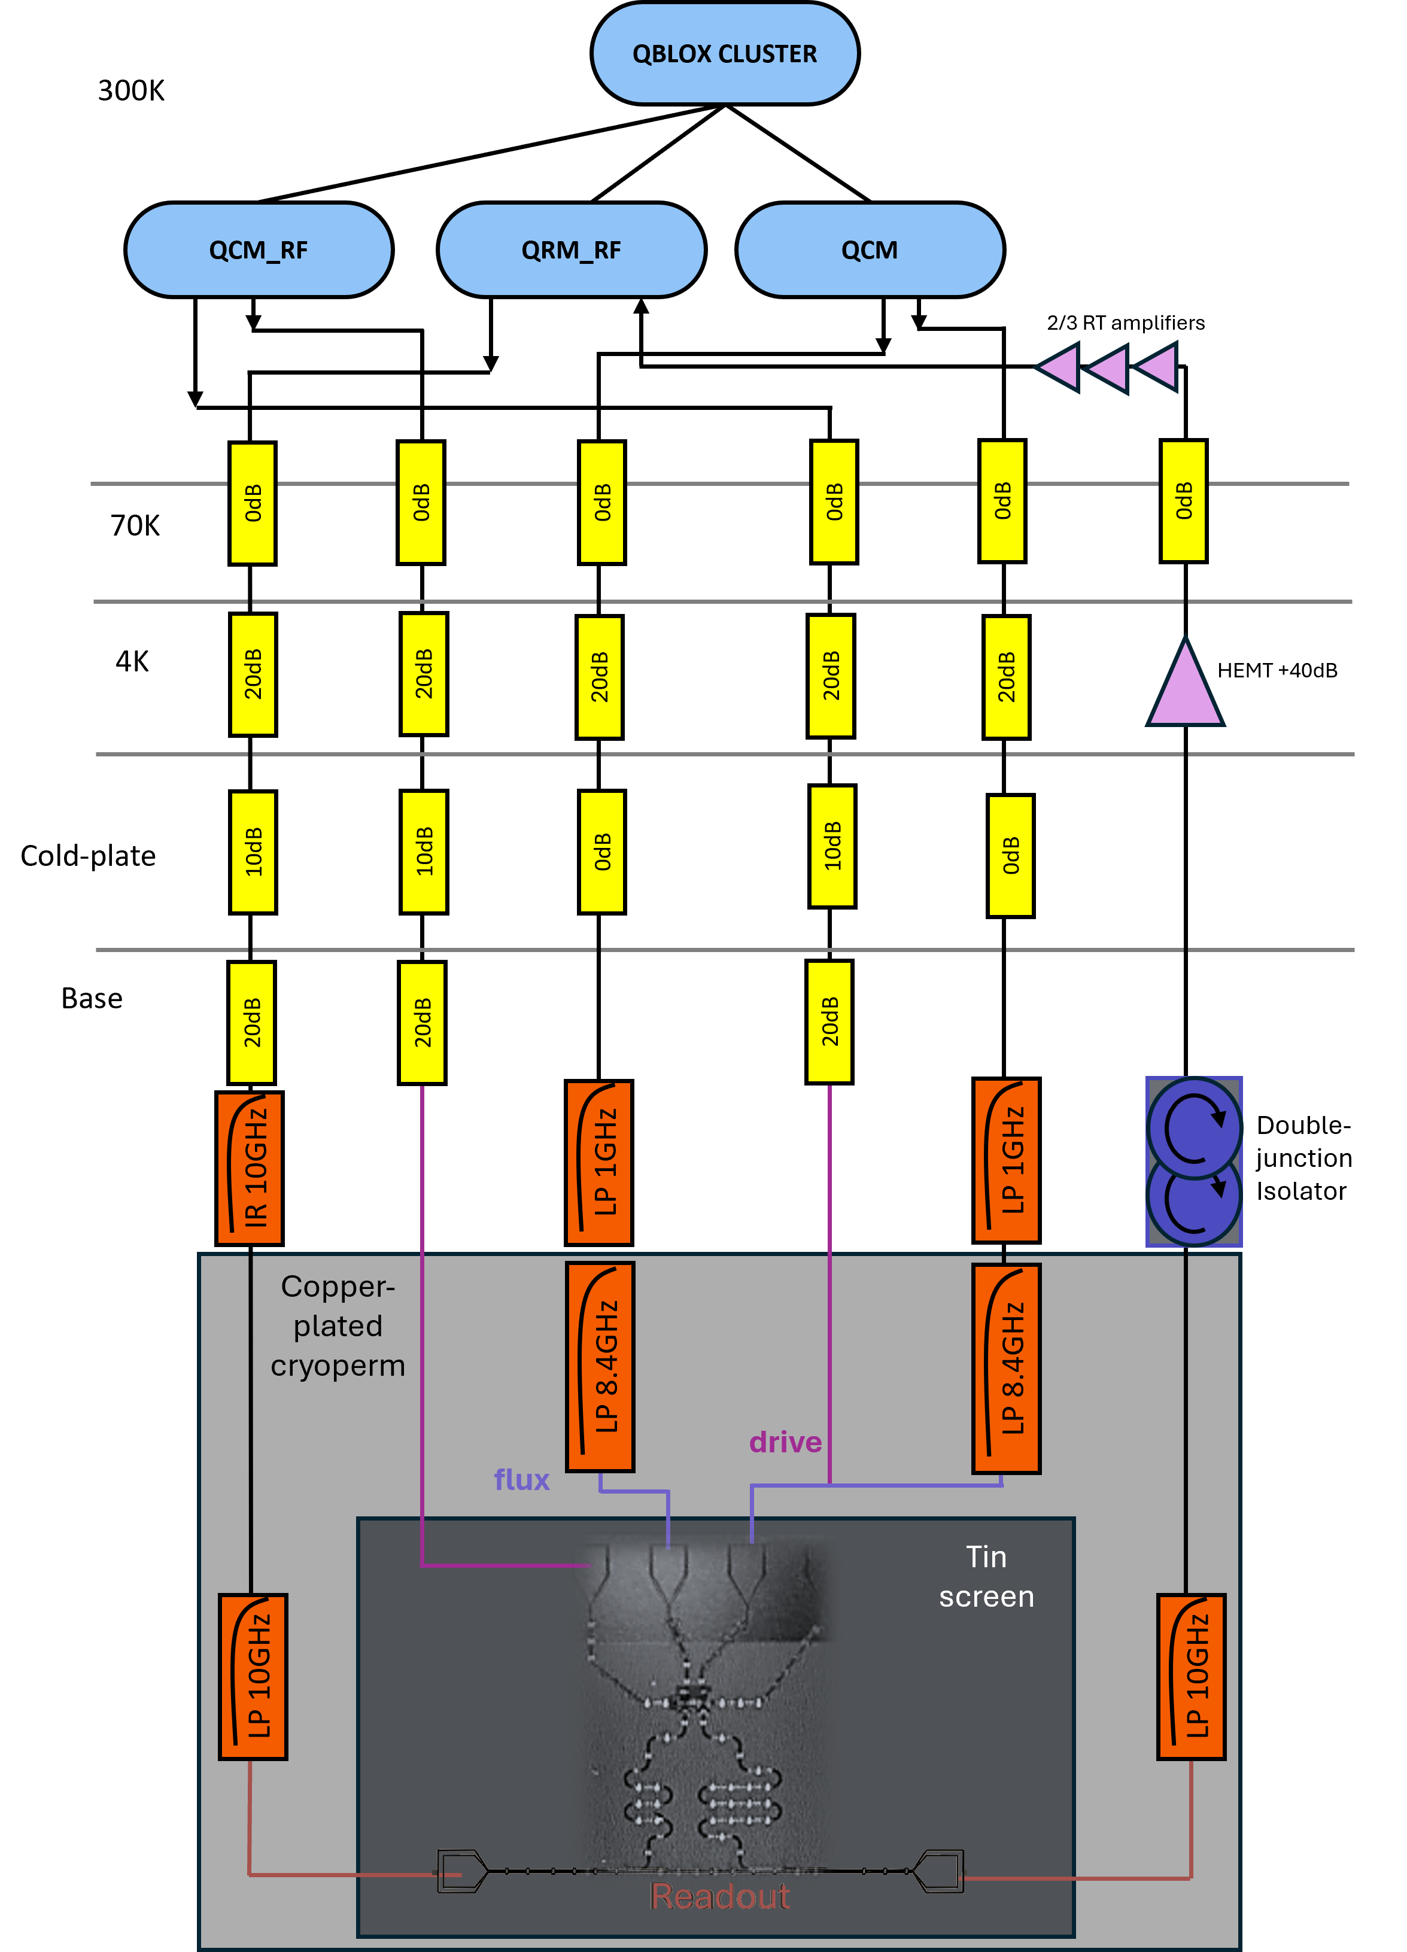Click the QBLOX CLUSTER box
[725, 53]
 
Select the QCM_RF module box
[258, 250]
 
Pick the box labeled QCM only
[869, 250]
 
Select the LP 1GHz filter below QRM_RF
[599, 1162]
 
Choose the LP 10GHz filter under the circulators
[1191, 1676]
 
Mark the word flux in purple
[521, 1479]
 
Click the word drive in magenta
[785, 1442]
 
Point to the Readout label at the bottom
[719, 1896]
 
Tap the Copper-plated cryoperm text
[338, 1325]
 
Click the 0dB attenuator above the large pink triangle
[1183, 501]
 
